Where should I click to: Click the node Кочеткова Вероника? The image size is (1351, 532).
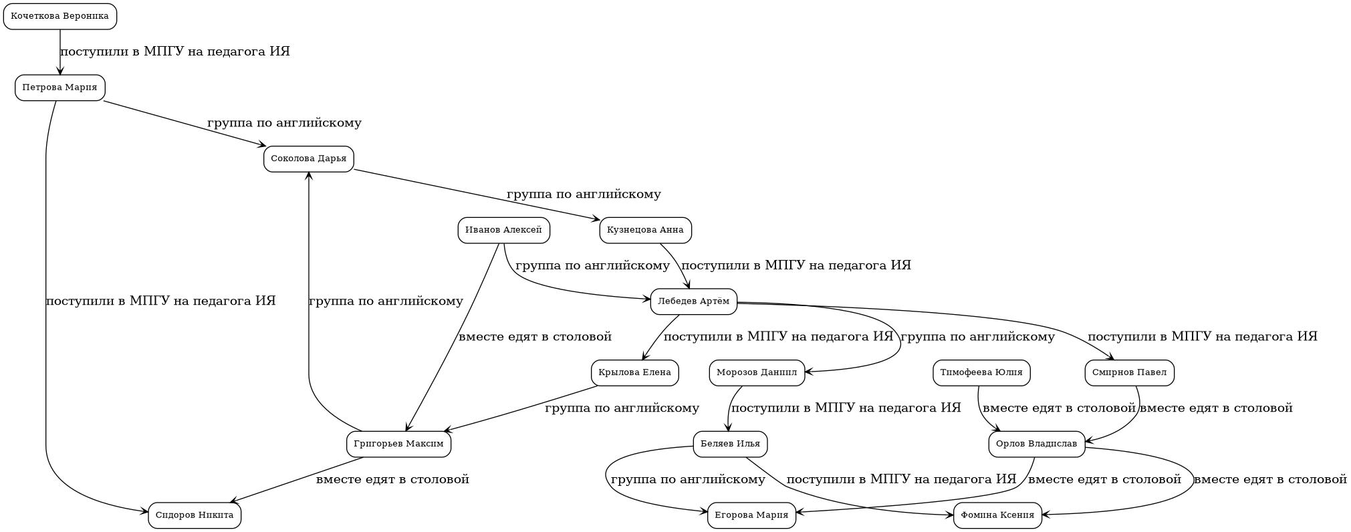point(60,17)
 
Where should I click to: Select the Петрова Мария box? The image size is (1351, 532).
point(60,88)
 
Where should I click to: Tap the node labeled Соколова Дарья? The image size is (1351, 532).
point(308,159)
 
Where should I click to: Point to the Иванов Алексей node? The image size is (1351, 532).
point(503,231)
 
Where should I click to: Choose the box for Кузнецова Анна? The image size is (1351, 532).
point(645,231)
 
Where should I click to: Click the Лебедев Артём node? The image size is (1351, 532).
point(693,301)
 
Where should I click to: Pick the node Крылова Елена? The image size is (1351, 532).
point(634,373)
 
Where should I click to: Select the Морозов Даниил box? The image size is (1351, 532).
point(757,373)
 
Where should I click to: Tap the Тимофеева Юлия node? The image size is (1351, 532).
point(981,373)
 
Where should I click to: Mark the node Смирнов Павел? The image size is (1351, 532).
point(1129,373)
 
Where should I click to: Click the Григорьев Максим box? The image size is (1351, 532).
point(398,444)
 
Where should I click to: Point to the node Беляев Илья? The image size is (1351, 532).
point(730,444)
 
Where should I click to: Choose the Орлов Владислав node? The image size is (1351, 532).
point(1036,444)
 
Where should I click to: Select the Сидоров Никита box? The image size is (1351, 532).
point(195,515)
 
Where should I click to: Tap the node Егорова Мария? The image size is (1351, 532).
point(751,515)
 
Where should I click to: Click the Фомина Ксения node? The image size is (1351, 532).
point(997,515)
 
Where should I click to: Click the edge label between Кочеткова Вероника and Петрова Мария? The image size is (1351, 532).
point(175,52)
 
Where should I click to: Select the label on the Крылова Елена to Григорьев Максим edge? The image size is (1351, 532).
point(622,408)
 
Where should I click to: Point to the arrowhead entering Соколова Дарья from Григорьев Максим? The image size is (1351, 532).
point(309,175)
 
